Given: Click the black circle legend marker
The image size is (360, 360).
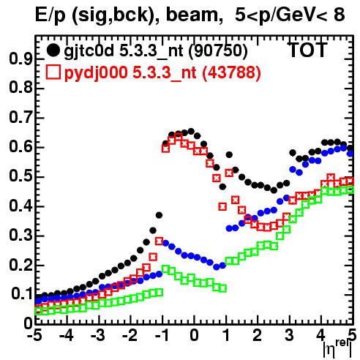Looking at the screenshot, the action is [53, 50].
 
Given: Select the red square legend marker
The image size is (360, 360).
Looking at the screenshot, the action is [53, 72].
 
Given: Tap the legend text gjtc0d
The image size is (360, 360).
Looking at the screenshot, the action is [89, 51].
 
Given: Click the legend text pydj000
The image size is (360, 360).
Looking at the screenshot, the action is [96, 73].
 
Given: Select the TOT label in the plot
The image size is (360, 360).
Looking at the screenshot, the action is [307, 50].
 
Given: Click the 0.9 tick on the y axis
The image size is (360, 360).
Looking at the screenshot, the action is [20, 59].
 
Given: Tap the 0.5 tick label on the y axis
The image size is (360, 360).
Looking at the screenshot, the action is [20, 177].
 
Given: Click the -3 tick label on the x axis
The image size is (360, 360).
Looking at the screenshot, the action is [97, 335].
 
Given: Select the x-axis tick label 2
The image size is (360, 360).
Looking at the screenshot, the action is [258, 335].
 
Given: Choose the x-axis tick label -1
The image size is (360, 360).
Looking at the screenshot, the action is [161, 335].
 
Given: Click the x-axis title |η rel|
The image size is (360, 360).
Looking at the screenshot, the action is [337, 349].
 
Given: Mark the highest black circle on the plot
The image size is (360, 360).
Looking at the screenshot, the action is [191, 131].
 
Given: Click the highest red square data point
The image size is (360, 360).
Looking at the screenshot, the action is [179, 138].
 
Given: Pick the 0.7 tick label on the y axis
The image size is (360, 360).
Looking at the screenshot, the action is [20, 118].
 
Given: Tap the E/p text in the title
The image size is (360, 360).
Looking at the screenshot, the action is [50, 15].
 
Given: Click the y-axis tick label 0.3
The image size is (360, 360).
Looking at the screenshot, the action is [20, 236].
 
